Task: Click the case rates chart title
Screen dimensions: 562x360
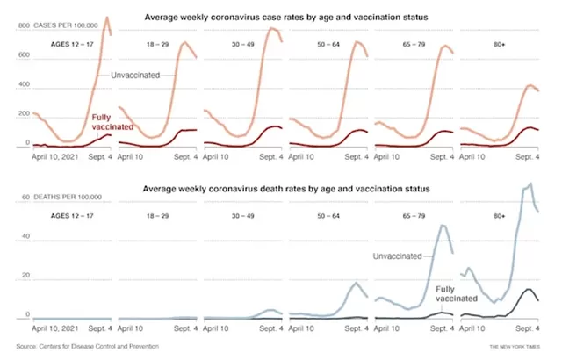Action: [x=286, y=18]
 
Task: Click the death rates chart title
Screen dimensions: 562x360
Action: [x=286, y=189]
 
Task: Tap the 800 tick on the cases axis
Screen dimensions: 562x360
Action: [x=24, y=25]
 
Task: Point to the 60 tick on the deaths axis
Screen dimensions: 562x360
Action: [x=25, y=197]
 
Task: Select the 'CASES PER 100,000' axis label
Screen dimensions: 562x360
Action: [x=66, y=25]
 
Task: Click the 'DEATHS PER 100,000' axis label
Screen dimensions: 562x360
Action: [x=68, y=197]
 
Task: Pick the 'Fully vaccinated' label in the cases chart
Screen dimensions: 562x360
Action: [x=112, y=122]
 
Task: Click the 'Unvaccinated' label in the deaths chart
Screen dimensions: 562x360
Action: [x=397, y=256]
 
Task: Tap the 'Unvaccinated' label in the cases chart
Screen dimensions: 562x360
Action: [x=135, y=76]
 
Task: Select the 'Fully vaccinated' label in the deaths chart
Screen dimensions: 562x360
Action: [x=457, y=294]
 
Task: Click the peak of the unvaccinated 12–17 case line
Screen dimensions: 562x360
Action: [x=106, y=17]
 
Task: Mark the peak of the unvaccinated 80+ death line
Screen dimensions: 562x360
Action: [x=530, y=184]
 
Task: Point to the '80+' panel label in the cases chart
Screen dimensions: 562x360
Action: [x=500, y=45]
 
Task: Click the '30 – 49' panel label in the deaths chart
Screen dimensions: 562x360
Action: [x=243, y=216]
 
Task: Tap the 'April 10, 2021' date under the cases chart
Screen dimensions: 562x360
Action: [x=54, y=157]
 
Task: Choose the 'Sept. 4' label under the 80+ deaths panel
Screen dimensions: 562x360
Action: [x=527, y=328]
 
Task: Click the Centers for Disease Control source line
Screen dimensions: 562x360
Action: [x=88, y=346]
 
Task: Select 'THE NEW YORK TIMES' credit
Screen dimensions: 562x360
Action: [x=515, y=347]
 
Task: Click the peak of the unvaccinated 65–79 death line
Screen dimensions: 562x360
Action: [x=443, y=226]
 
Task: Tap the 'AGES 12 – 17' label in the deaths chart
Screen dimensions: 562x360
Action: [x=72, y=216]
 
